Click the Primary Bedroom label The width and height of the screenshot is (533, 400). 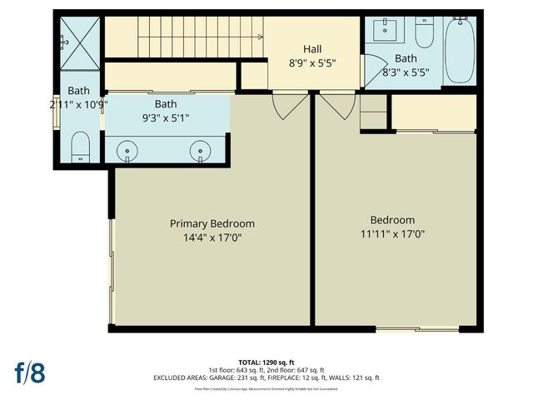click(212, 223)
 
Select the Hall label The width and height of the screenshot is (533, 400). click(311, 49)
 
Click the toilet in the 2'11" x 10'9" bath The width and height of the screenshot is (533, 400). click(80, 149)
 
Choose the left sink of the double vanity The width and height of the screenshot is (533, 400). click(127, 151)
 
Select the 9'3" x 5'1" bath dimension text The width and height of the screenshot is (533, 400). click(165, 117)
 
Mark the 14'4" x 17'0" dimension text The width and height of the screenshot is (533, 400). click(212, 237)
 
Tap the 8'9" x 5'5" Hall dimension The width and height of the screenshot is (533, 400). click(311, 62)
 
